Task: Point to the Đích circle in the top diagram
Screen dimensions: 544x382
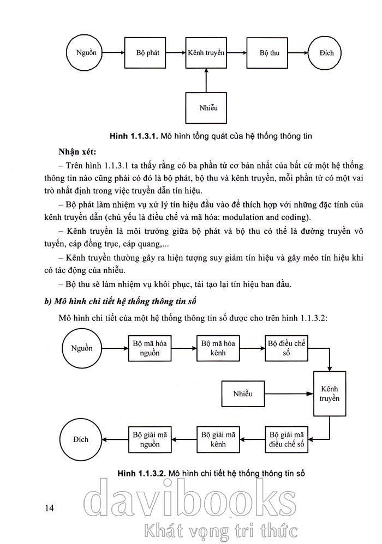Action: tap(327, 53)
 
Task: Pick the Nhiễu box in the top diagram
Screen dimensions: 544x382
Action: tap(206, 107)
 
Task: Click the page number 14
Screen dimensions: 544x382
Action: tap(50, 508)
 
